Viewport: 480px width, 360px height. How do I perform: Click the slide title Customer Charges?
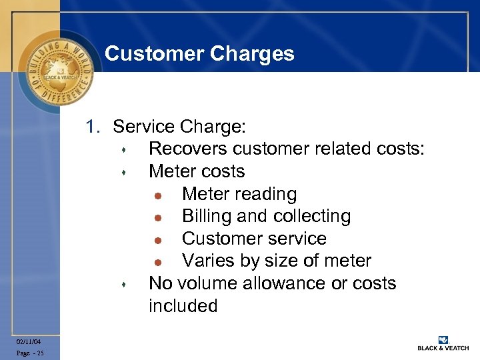coord(199,53)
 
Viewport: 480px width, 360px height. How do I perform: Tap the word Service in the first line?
coord(143,126)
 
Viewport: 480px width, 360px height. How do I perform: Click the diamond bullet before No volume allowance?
coord(124,284)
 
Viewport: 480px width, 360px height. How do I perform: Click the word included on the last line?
coord(183,306)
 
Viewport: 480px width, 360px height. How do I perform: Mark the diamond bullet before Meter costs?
coord(124,172)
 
